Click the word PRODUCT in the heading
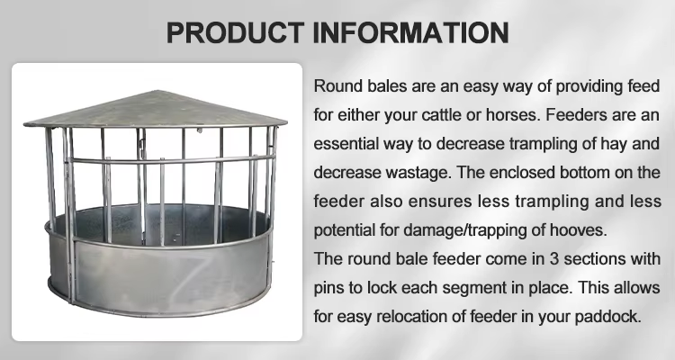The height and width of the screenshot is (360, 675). [235, 32]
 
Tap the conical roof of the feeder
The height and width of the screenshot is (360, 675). [156, 109]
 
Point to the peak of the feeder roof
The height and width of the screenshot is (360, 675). [158, 91]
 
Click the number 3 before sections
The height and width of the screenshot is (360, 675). [554, 259]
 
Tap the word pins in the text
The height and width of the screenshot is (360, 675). [328, 288]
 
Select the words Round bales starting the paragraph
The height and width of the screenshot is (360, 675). [360, 86]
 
